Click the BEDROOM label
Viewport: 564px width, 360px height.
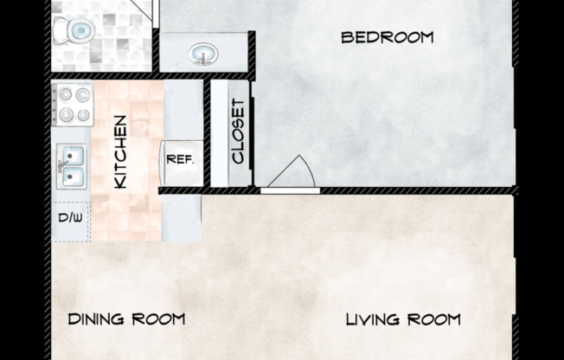tap(388, 38)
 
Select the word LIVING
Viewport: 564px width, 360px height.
tap(372, 319)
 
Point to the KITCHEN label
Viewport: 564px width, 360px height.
tap(120, 151)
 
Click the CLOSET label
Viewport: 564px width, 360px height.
tap(238, 132)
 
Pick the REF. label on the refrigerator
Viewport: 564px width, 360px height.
tap(180, 159)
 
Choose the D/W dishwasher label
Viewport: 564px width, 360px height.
tap(71, 217)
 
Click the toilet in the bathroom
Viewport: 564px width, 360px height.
tap(74, 30)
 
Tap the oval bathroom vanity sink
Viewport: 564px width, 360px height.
tap(203, 54)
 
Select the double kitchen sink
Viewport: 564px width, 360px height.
tap(72, 166)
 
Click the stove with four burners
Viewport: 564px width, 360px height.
tap(73, 105)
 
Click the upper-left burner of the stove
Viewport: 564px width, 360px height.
tap(66, 94)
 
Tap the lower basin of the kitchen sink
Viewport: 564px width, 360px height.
tap(74, 177)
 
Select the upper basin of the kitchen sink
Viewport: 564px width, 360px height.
tap(74, 156)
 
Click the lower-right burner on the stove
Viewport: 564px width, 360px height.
tap(83, 115)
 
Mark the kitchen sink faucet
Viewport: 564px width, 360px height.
tap(62, 167)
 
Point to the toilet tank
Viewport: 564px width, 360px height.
tap(60, 30)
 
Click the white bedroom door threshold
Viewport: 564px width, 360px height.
tap(291, 190)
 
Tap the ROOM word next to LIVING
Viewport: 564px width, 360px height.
tap(433, 319)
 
